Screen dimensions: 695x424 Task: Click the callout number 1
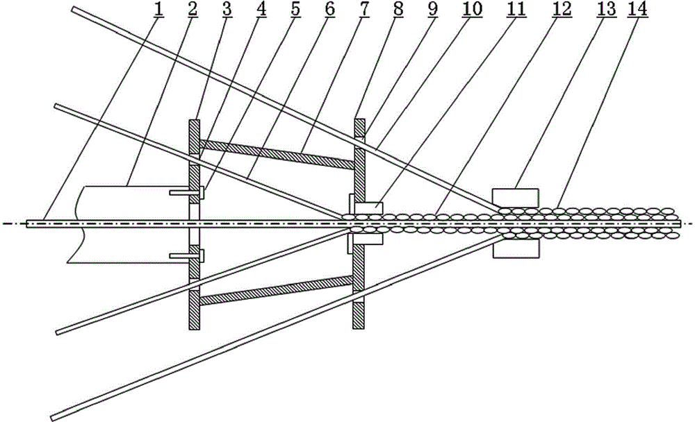click(158, 9)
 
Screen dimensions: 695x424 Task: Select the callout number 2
click(193, 9)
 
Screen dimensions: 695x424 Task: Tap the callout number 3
click(227, 9)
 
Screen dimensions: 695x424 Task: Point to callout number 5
click(295, 9)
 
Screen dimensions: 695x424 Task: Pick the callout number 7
click(363, 9)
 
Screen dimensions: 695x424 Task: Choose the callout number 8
click(398, 9)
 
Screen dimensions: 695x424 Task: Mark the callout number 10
click(472, 9)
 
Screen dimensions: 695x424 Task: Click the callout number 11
click(516, 9)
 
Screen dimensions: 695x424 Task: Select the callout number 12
click(562, 9)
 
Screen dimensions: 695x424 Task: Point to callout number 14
click(637, 9)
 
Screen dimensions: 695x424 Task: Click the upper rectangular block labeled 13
click(516, 198)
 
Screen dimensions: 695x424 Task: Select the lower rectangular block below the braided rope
click(516, 249)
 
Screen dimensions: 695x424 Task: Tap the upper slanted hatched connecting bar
click(277, 155)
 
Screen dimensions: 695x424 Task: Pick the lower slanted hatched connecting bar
click(277, 291)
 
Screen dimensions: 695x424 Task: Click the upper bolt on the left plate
click(187, 192)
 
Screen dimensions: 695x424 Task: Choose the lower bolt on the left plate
click(187, 255)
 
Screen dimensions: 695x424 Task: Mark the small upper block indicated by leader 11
click(368, 207)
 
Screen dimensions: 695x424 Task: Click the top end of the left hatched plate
click(195, 120)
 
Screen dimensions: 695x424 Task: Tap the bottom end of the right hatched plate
click(359, 328)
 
